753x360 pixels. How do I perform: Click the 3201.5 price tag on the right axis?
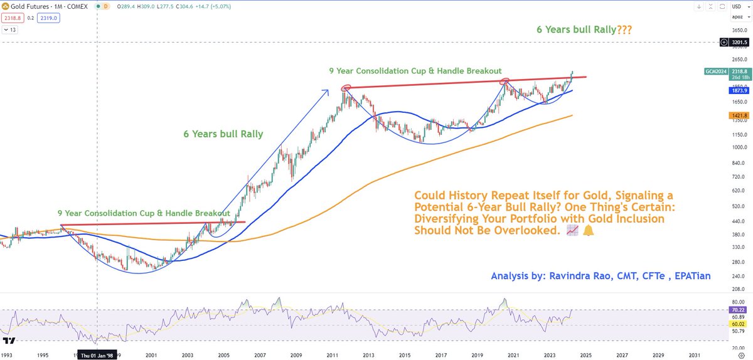tap(739, 43)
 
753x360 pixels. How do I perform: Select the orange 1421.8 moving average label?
tap(737, 116)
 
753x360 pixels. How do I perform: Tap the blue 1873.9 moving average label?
tap(737, 91)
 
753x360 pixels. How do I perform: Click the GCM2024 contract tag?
tap(715, 72)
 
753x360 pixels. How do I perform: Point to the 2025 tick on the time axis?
tap(586, 354)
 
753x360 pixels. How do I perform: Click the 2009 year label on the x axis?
tap(296, 354)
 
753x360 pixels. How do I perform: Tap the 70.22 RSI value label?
tap(738, 310)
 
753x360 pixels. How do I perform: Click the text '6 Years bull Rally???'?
tap(580, 29)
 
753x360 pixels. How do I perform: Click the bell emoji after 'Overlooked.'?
tap(588, 231)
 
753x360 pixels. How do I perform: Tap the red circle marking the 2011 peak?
tap(346, 88)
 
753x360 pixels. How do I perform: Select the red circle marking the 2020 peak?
tap(505, 81)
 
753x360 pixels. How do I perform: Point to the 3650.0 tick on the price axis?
tap(737, 29)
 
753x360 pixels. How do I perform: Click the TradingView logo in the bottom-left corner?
tap(9, 341)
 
